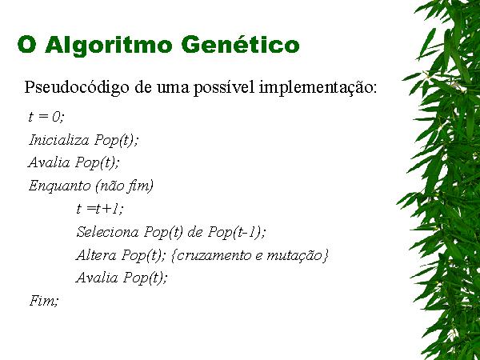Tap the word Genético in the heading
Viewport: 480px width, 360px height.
coord(240,44)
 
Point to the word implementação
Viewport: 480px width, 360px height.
coord(318,88)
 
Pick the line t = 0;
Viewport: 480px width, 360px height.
coord(46,117)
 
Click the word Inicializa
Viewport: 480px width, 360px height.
coord(59,140)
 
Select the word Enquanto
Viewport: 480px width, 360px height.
coord(60,186)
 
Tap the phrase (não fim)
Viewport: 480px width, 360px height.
coord(124,186)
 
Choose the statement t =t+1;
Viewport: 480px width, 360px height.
coord(100,209)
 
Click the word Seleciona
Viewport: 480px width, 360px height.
coord(107,232)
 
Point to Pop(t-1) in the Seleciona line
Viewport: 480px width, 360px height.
coord(237,232)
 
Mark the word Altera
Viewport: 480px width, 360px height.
coord(96,255)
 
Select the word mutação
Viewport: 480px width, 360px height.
coord(294,256)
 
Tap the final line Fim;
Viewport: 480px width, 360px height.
coord(44,301)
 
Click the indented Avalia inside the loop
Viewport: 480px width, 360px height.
coord(97,278)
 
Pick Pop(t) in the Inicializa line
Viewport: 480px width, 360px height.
coord(116,141)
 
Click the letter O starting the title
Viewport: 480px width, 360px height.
coord(27,45)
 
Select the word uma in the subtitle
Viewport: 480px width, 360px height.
coord(173,89)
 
